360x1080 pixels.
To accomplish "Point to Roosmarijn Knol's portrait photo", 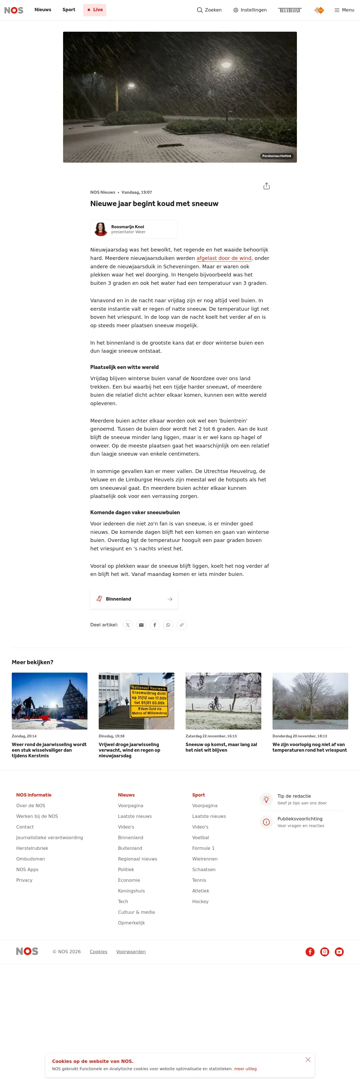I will point(101,229).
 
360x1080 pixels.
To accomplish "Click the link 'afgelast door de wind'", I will point(224,258).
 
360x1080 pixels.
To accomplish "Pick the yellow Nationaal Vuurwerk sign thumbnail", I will point(136,701).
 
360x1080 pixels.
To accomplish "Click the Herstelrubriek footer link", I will point(32,848).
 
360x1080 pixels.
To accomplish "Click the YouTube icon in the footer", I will point(339,952).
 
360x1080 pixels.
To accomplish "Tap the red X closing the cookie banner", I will point(308,1060).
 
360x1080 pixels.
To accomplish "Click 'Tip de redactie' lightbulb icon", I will point(266,799).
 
